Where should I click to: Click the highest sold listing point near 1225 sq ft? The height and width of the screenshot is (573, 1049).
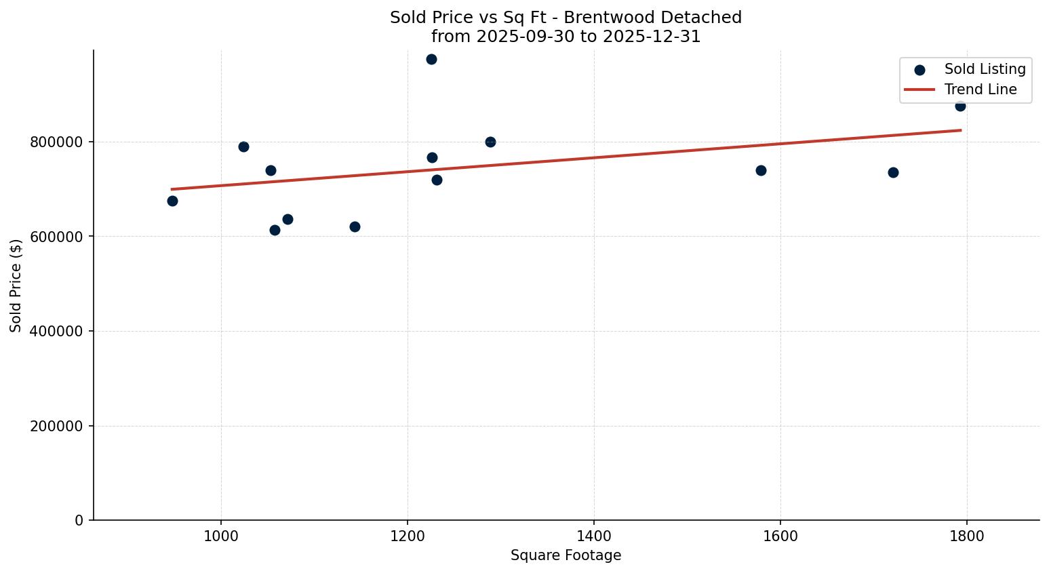pos(431,60)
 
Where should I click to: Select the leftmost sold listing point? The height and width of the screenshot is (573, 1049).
pos(172,201)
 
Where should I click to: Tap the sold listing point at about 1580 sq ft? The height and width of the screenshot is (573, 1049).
pos(761,170)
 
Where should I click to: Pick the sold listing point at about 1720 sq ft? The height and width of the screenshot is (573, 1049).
pos(893,172)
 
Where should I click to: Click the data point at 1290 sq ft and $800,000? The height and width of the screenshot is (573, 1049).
pos(490,142)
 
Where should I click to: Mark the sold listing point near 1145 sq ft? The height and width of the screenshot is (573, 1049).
pos(355,226)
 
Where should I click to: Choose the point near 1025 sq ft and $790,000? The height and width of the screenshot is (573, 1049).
pos(243,146)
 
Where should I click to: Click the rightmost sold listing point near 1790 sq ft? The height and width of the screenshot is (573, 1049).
pos(960,106)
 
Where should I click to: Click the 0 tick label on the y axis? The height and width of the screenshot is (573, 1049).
pos(79,521)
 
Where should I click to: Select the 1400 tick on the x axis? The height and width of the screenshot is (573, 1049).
pos(593,536)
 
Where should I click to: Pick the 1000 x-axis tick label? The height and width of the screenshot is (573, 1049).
pos(221,536)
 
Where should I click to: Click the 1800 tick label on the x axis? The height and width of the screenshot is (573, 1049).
pos(966,536)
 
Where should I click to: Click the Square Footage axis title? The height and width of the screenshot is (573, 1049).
pos(566,556)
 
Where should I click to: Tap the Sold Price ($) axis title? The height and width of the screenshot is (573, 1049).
pos(16,285)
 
